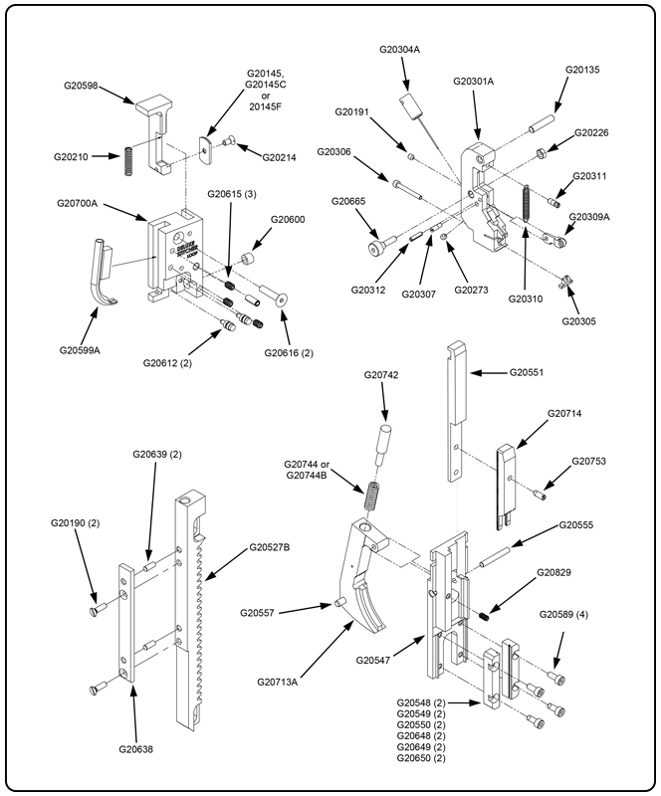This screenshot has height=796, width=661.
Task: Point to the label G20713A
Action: coord(283,682)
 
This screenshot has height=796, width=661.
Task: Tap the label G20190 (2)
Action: coord(76,521)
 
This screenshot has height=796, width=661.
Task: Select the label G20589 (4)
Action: coord(565,614)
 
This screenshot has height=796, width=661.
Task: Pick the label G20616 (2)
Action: coord(289,352)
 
